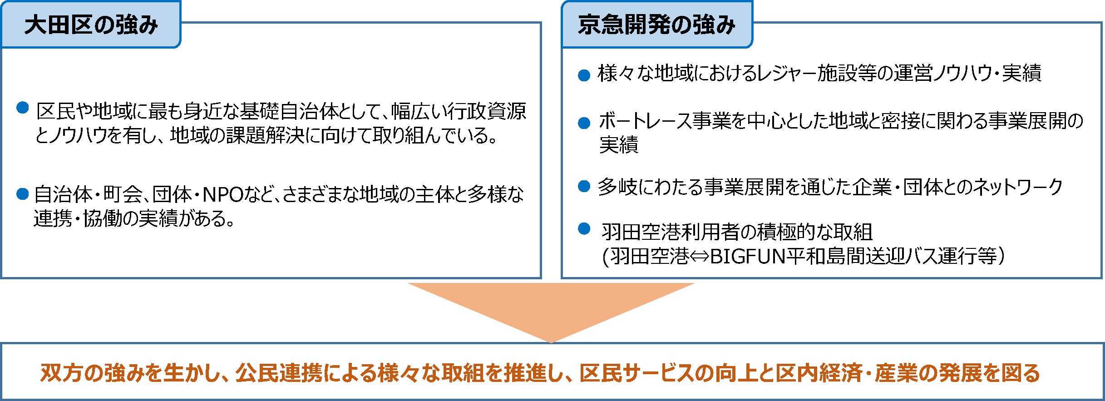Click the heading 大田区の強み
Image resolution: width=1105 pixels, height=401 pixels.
coord(91,25)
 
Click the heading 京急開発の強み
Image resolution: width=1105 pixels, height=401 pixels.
coord(656,25)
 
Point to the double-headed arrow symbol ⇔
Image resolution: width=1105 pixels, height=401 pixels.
coord(699,257)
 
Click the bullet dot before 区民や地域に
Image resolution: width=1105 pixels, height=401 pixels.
coord(22,108)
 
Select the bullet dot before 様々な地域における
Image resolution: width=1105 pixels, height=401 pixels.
coord(584,75)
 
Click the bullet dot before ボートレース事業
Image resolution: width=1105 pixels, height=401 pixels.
coord(584,123)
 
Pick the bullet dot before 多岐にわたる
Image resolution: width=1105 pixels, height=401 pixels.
coord(584,186)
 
